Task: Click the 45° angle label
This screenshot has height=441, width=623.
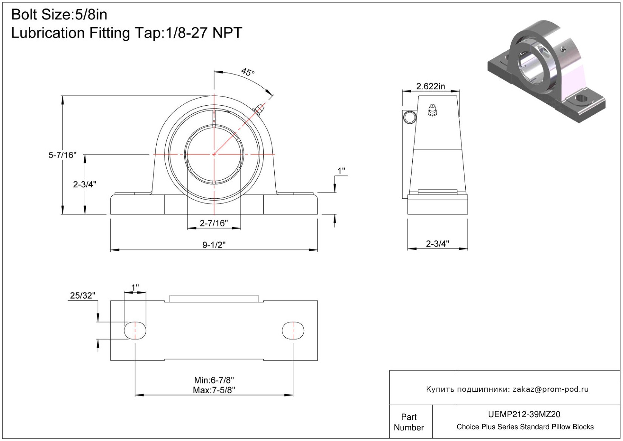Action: tap(248, 72)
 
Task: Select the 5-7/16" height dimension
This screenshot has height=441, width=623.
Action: tap(62, 155)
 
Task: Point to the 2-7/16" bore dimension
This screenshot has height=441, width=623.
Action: tap(214, 223)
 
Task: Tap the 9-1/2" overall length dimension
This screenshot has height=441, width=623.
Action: tap(214, 245)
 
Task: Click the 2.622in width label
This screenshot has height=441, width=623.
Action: tap(430, 86)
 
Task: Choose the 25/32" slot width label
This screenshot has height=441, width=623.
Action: tap(82, 295)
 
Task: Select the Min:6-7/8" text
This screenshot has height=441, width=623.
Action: tap(214, 380)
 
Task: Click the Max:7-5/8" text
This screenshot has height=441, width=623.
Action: tap(214, 390)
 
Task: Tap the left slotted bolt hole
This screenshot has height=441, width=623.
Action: tap(135, 330)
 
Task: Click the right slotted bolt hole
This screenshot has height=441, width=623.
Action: tap(293, 330)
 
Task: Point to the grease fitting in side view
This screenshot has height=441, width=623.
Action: tap(432, 110)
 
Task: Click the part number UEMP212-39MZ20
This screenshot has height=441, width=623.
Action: tap(524, 414)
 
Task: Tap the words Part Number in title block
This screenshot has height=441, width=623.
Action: tap(409, 422)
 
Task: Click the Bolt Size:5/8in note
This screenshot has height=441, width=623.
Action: tap(59, 14)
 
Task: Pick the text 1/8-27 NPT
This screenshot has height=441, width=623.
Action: tap(204, 33)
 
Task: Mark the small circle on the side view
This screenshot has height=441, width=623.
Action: tap(410, 117)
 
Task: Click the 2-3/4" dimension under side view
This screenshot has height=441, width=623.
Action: tap(438, 244)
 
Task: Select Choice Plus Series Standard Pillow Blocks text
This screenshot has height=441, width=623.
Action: tap(525, 427)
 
